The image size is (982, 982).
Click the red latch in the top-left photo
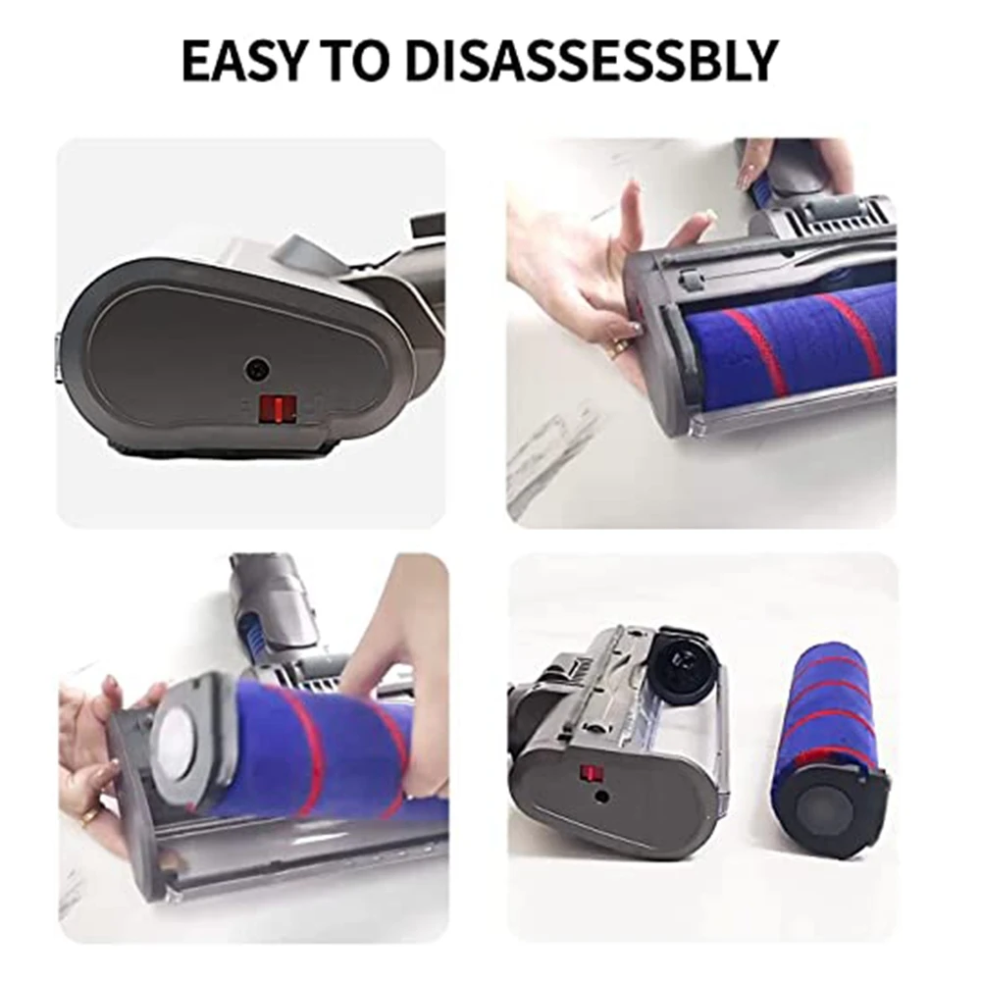[277, 407]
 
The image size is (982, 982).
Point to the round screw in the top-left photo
[257, 370]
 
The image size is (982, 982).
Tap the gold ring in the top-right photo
[618, 347]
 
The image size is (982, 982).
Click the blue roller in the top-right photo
[795, 343]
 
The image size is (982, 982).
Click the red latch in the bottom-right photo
[591, 774]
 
